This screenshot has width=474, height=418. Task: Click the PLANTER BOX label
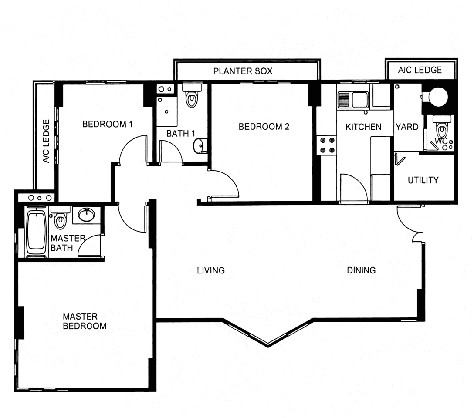click(243, 71)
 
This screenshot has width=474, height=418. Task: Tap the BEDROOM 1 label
click(107, 124)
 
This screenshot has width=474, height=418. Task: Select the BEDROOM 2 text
click(264, 127)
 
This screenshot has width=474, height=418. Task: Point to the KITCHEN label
click(363, 127)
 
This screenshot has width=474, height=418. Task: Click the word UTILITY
click(423, 180)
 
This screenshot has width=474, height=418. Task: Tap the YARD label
click(407, 127)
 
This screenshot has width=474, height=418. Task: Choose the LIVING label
click(211, 270)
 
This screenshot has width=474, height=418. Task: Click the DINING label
click(361, 270)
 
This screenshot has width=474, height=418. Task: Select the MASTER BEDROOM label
click(85, 321)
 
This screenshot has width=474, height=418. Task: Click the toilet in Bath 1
click(192, 95)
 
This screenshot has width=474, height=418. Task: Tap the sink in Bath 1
click(200, 146)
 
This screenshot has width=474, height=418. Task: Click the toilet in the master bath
click(61, 217)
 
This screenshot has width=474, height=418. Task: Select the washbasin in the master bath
click(86, 215)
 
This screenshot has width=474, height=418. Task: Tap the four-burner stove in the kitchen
click(327, 145)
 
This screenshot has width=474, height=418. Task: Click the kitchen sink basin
click(359, 100)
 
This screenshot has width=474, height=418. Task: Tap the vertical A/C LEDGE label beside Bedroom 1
click(46, 141)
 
